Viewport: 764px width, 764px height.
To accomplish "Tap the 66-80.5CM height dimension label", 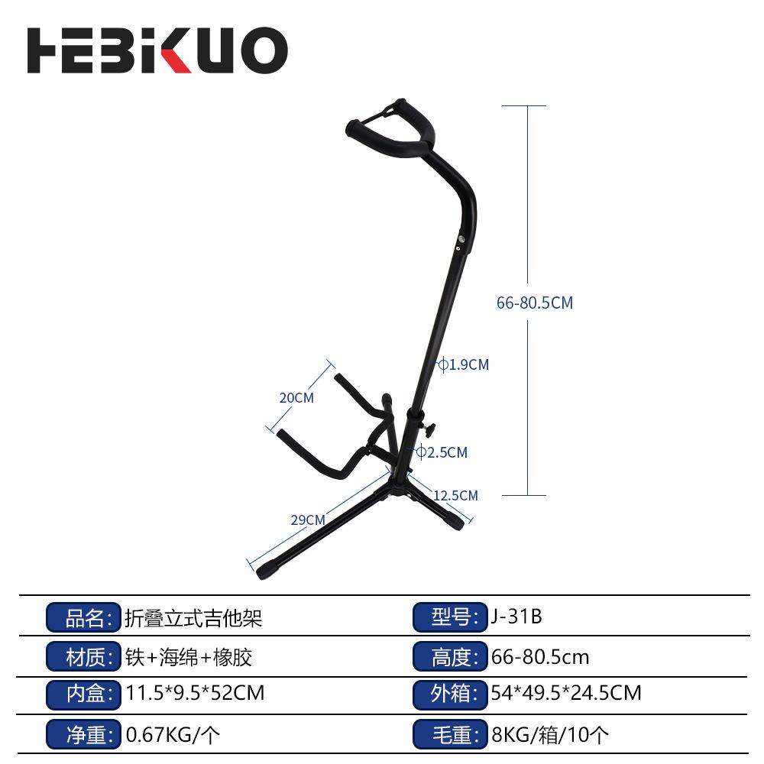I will click(534, 303).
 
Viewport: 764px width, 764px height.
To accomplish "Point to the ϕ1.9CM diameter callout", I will click(464, 364).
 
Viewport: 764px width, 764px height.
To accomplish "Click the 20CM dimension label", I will click(296, 397).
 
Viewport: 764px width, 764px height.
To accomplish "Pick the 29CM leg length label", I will click(308, 520).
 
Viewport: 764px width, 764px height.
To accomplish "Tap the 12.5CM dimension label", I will click(455, 495).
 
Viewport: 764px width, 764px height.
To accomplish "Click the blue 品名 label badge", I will click(84, 617).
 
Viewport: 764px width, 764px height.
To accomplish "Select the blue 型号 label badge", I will click(450, 617).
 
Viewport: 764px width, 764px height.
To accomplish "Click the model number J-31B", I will click(517, 617).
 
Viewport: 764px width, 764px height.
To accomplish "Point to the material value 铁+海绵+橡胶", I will click(189, 656).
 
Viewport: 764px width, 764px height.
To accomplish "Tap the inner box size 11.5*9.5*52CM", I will click(195, 694).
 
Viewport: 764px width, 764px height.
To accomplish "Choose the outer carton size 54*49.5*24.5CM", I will click(566, 694).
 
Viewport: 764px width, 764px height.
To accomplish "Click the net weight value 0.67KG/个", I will click(173, 735).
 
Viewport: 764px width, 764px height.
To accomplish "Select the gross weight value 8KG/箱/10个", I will click(550, 735).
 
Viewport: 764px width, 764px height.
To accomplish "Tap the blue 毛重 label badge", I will click(450, 735).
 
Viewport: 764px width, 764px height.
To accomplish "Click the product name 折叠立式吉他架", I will click(193, 617).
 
